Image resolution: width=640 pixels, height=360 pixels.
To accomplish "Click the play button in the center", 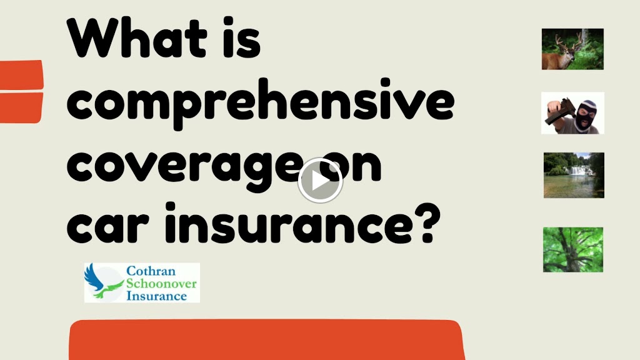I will (320, 181).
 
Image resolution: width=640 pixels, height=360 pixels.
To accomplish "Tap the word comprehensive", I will (259, 105).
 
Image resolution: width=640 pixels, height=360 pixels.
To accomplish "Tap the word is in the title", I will (241, 39).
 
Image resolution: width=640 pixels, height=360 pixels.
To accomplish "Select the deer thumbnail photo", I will (572, 49).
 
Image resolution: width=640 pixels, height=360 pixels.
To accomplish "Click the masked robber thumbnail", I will (572, 113).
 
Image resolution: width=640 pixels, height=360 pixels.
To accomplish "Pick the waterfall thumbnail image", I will (574, 175).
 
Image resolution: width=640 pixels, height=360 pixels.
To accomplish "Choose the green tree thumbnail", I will (572, 249).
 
